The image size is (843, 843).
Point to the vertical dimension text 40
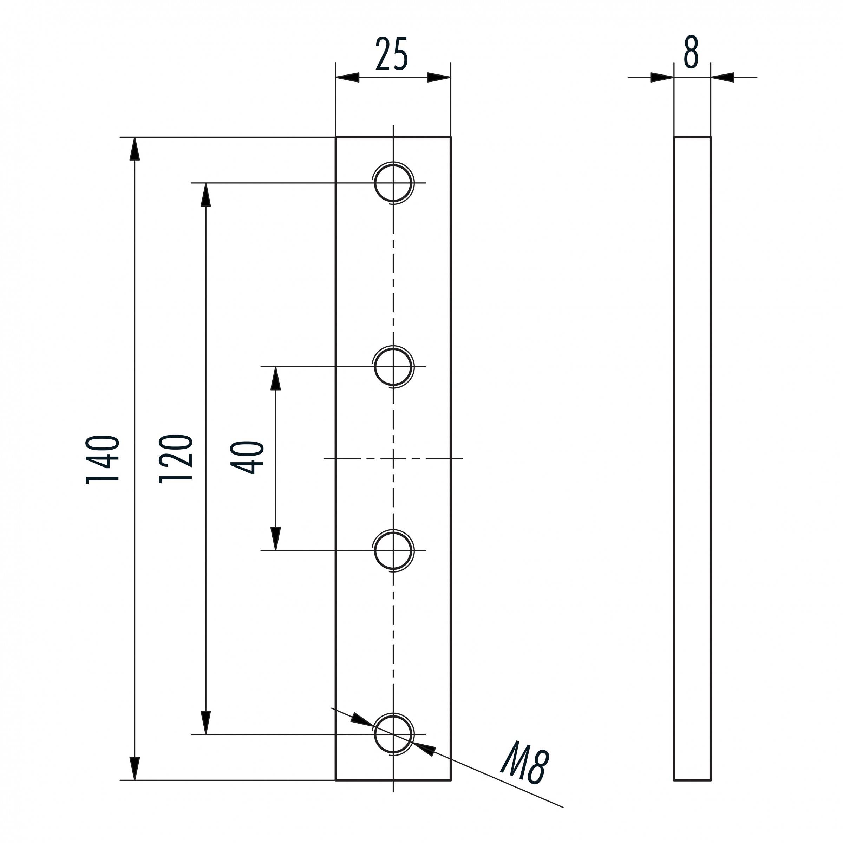click(248, 458)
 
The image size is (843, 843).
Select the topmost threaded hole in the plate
click(393, 183)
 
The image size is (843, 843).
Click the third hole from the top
click(393, 551)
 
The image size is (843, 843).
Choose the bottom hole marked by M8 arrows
click(393, 734)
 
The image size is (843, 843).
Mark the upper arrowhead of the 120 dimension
click(205, 195)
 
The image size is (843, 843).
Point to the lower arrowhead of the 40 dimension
click(275, 538)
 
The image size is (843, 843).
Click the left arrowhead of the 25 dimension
click(348, 78)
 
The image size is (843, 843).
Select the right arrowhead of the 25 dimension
click(438, 78)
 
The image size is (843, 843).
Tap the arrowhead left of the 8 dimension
click(661, 78)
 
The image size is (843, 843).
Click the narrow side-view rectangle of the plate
click(692, 458)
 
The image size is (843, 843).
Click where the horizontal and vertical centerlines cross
click(393, 459)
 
